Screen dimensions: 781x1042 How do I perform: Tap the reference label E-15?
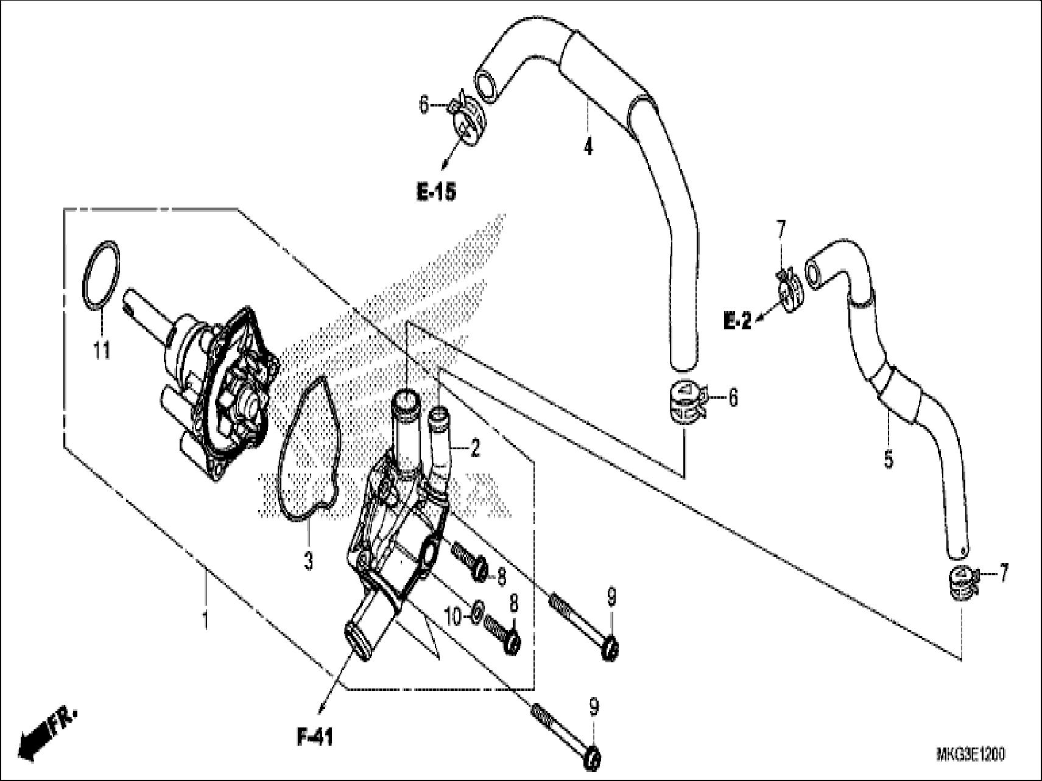coord(436,193)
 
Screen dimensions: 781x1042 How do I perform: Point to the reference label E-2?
coord(737,321)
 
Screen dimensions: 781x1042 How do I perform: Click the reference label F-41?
coord(315,738)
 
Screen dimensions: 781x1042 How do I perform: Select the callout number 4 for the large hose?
coord(588,147)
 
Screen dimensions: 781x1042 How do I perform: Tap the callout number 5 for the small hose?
coord(889,458)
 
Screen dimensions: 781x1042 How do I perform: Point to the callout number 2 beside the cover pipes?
coord(474,449)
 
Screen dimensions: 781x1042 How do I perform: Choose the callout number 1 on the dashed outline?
coord(205,621)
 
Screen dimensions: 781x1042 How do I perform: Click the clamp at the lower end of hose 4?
coord(685,402)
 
